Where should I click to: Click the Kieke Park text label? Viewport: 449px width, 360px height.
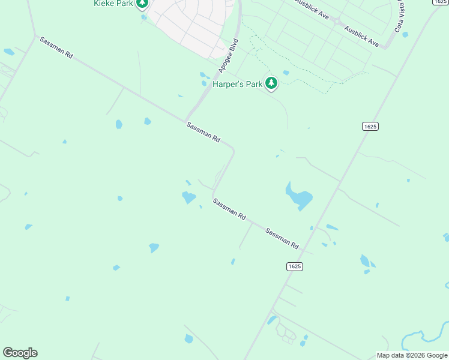113,4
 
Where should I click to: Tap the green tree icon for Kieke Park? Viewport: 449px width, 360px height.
142,4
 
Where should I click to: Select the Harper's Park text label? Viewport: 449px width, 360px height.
237,84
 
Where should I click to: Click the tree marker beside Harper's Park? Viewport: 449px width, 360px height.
271,83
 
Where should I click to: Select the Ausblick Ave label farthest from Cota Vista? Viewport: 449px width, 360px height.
312,9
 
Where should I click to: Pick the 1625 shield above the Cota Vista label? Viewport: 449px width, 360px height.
441,2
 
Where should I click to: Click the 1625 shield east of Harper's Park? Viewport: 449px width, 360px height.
370,126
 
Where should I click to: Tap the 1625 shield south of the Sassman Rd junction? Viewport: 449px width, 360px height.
294,266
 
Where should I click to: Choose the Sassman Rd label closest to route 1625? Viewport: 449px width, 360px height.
282,238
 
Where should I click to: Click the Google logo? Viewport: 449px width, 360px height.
20,353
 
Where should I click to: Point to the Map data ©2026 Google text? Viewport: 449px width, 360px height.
412,355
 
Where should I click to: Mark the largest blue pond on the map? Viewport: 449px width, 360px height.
300,196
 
